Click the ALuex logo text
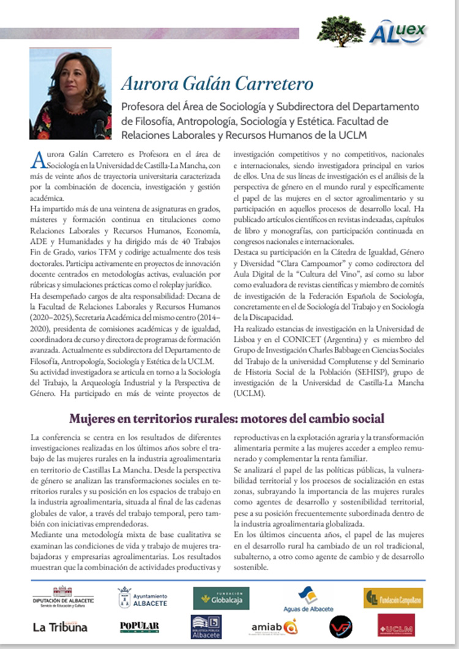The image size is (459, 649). click(x=406, y=30)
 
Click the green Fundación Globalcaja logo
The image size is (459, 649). click(x=221, y=598)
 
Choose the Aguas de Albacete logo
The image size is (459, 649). click(x=308, y=598)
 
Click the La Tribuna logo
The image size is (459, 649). click(x=60, y=626)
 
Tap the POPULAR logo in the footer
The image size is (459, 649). click(x=140, y=626)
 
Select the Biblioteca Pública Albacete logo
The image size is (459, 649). click(x=206, y=626)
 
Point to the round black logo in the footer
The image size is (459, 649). click(x=340, y=626)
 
